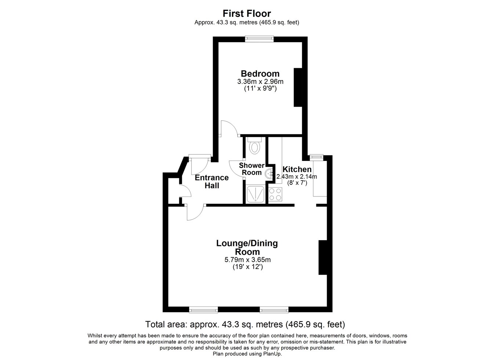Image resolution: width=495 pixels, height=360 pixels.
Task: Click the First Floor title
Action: point(247,14)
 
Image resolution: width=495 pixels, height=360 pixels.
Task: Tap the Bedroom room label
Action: point(260,73)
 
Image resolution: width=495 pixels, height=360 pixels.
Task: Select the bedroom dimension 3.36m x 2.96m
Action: point(260,81)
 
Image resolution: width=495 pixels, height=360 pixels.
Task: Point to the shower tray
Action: point(256,194)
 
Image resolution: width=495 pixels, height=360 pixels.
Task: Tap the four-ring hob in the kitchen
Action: point(275,194)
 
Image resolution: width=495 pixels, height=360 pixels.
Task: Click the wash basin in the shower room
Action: point(268,174)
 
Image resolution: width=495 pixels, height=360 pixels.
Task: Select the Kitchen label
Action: point(297,169)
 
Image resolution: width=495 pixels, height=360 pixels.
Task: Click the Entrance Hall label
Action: point(212,181)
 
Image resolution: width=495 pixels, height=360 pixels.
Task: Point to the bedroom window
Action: point(259,39)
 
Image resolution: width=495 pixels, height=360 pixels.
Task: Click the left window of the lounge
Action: point(203,310)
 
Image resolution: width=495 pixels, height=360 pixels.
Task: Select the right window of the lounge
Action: point(274,310)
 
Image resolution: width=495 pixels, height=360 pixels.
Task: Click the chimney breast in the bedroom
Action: point(298,87)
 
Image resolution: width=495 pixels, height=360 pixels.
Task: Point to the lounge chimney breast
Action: point(323,257)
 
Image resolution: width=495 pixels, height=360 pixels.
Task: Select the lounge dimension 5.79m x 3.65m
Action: point(247,260)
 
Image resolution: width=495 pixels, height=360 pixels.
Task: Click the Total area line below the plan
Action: point(245,324)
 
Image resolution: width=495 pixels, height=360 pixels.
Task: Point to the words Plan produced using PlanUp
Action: point(247,354)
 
